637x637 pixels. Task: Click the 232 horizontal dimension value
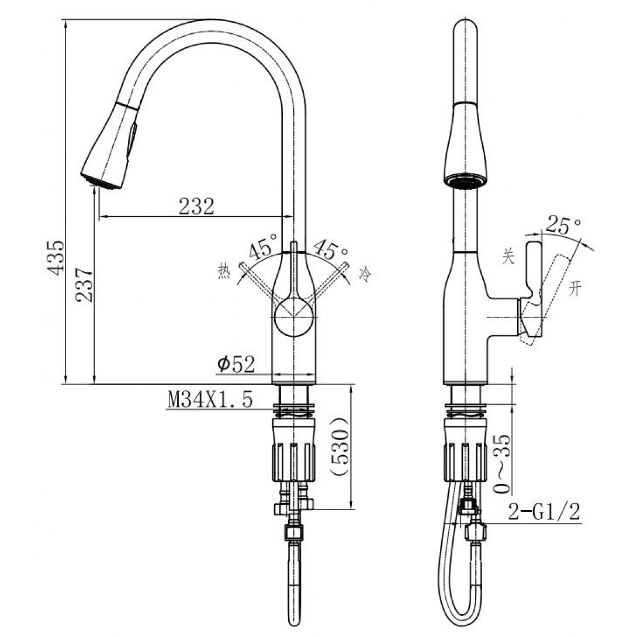click(196, 206)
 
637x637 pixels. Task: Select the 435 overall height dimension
click(54, 258)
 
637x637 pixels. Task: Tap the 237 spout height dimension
click(84, 285)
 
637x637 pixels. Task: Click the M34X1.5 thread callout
click(210, 399)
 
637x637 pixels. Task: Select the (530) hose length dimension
click(340, 447)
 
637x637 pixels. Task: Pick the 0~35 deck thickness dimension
click(502, 463)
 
